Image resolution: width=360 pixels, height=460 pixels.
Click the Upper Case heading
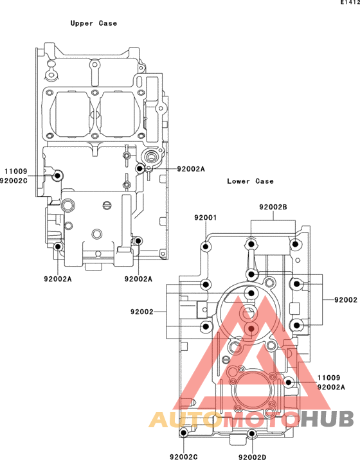[94, 23]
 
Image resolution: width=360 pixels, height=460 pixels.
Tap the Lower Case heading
[250, 181]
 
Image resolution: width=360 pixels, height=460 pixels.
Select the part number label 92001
[206, 218]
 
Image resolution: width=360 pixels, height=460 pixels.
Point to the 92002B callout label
[273, 207]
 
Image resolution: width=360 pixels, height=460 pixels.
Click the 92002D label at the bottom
[252, 457]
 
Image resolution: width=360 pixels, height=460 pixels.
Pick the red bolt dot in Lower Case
[251, 328]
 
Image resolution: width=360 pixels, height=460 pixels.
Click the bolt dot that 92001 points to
[206, 247]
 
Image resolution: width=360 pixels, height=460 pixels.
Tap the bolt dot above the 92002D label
[251, 434]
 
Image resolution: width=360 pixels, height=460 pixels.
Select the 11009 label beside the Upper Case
[16, 171]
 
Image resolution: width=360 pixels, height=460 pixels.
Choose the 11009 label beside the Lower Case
[329, 378]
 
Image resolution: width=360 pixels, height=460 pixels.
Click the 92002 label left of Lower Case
[142, 312]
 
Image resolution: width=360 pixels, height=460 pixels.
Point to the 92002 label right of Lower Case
[346, 300]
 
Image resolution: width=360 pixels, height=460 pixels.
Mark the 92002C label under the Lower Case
[184, 457]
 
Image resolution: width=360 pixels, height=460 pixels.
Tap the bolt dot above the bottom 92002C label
[184, 433]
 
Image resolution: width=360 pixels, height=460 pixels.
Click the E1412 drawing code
[350, 3]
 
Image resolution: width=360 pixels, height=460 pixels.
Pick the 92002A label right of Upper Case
[191, 169]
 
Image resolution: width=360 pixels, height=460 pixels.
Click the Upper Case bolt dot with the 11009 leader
[57, 176]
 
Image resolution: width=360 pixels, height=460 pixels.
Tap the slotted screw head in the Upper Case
[107, 206]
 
